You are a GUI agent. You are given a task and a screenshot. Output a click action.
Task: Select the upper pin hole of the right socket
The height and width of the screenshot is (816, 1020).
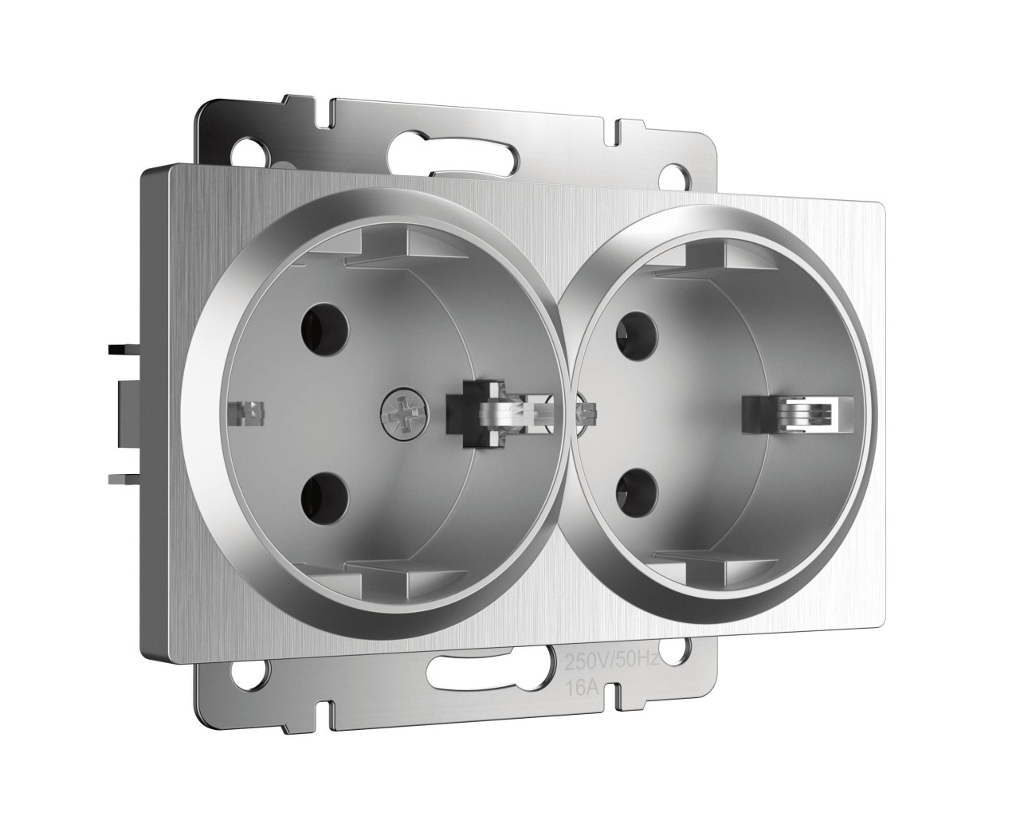coord(637,335)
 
